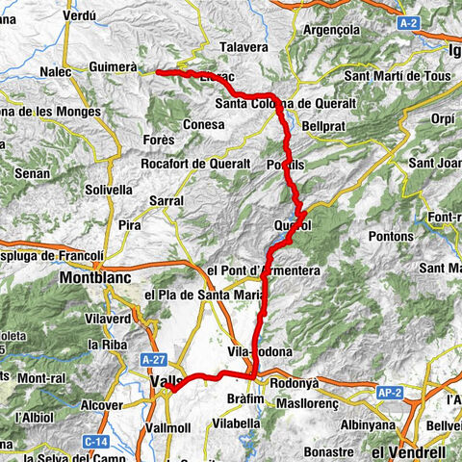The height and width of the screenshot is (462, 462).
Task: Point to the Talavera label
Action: click(243, 45)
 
